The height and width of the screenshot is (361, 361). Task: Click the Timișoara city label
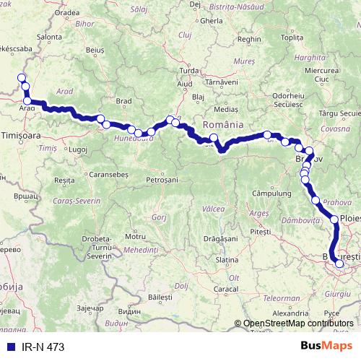(25, 135)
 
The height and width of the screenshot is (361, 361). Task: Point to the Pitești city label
(258, 232)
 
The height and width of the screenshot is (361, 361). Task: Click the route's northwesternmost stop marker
(22, 78)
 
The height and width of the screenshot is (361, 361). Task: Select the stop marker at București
(339, 264)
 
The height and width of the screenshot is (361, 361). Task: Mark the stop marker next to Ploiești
(335, 219)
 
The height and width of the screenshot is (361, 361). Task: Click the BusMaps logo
(329, 345)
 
